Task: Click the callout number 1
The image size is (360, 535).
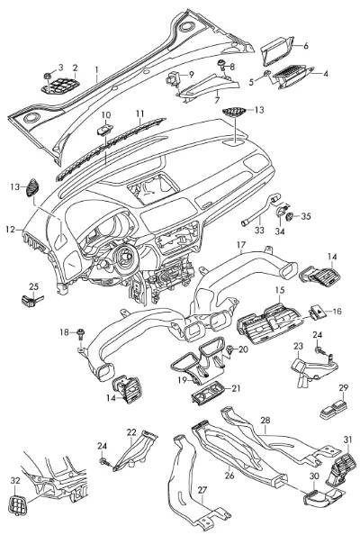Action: [97, 70]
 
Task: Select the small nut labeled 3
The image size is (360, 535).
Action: [48, 76]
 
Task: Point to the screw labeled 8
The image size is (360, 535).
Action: [222, 65]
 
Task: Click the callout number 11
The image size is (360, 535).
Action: [140, 113]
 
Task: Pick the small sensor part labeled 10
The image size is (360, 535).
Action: [105, 130]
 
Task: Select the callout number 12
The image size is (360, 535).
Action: [11, 230]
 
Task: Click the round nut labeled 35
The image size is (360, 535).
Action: [291, 216]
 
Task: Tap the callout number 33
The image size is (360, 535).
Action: [259, 230]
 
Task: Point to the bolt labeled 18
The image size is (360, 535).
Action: [81, 334]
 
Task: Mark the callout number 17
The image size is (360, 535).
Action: [241, 245]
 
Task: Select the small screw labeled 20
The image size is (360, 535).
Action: [230, 349]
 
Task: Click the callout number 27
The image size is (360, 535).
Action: [202, 490]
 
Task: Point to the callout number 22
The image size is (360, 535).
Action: [131, 432]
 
